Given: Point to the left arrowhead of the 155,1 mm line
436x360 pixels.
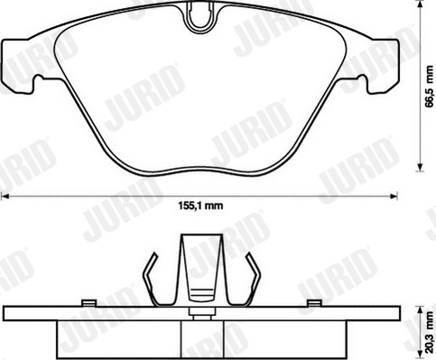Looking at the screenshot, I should point(5,196).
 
